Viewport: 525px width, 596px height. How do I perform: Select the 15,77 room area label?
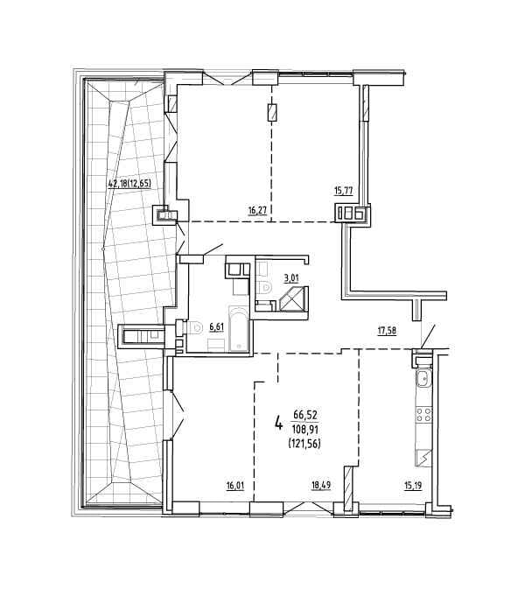343,191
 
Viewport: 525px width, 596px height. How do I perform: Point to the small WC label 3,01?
291,277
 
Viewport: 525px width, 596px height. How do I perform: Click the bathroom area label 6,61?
216,326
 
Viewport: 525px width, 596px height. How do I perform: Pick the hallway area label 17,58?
387,331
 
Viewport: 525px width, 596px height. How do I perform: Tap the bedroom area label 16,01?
234,486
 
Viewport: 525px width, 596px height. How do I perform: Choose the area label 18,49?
321,485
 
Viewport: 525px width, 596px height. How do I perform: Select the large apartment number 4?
278,423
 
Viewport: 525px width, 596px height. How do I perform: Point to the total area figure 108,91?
304,430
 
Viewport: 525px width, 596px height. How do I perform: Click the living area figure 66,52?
305,415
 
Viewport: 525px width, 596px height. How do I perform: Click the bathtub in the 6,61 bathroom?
239,328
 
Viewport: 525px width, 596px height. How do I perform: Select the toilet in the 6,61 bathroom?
193,327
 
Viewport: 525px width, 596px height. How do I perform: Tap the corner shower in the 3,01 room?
294,298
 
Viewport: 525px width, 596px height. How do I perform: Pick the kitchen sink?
422,378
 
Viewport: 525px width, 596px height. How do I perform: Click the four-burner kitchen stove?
423,414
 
